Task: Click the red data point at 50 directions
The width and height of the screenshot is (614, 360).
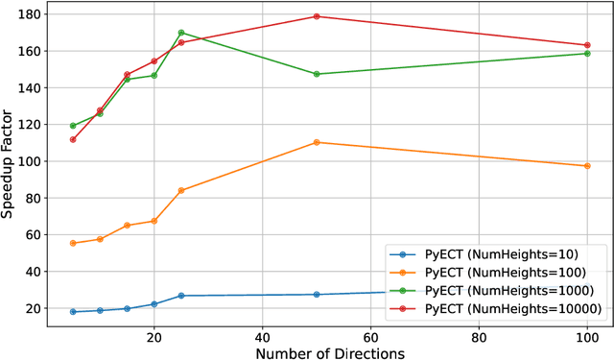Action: coord(317,16)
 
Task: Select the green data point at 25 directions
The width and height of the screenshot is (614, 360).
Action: coord(181,33)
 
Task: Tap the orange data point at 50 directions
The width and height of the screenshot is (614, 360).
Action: coord(317,142)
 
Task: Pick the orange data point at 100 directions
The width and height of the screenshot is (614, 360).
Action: coord(587,166)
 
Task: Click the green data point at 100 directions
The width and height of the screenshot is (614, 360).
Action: coord(587,54)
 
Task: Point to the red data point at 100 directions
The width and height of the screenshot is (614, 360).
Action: coord(587,45)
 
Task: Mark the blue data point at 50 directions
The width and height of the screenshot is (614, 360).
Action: coord(317,295)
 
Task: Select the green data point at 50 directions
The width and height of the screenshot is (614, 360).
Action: coord(317,74)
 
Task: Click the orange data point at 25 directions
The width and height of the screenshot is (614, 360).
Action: coord(181,190)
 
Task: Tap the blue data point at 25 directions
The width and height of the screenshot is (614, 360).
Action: coord(181,296)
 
